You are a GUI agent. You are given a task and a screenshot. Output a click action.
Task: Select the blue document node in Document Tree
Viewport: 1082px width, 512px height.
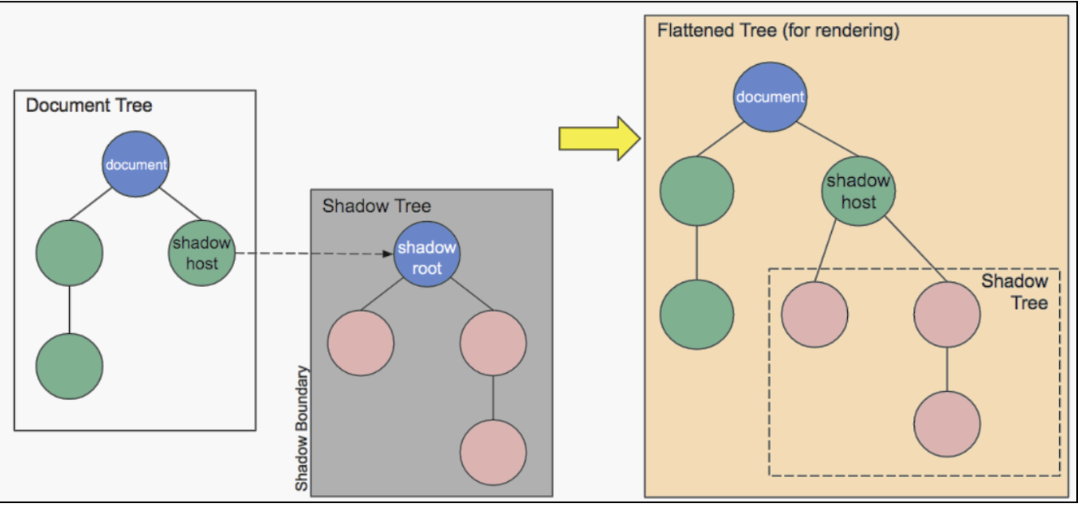pyautogui.click(x=136, y=164)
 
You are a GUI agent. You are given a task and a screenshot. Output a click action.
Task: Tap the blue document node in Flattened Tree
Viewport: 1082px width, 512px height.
pyautogui.click(x=769, y=97)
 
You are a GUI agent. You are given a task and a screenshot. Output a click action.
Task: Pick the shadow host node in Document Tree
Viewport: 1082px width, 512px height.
pyautogui.click(x=201, y=253)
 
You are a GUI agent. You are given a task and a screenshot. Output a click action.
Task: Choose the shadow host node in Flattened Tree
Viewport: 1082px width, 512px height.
pyautogui.click(x=859, y=191)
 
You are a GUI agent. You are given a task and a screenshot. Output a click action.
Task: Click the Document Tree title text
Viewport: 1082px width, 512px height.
pyautogui.click(x=89, y=105)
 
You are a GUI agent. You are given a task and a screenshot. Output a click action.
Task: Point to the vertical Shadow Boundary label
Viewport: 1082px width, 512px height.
pyautogui.click(x=301, y=428)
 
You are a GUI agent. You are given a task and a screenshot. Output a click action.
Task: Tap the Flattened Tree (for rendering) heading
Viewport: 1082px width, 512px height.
pyautogui.click(x=778, y=32)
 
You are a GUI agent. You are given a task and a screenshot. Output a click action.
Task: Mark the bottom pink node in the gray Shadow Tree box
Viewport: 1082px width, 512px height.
pyautogui.click(x=493, y=453)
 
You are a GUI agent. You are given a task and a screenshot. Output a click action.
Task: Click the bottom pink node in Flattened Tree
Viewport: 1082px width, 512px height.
pyautogui.click(x=946, y=424)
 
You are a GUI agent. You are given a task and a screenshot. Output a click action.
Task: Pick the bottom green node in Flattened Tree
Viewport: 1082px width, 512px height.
pyautogui.click(x=696, y=315)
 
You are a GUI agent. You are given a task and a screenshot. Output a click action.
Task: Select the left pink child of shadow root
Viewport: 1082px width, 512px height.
pyautogui.click(x=361, y=342)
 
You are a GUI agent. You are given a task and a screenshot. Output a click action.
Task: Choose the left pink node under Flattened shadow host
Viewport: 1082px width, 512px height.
pyautogui.click(x=814, y=315)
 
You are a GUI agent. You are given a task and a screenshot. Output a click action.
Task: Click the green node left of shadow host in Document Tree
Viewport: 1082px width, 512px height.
pyautogui.click(x=69, y=253)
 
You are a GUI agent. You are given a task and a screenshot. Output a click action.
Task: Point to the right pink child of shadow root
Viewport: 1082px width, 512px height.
pyautogui.click(x=493, y=342)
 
